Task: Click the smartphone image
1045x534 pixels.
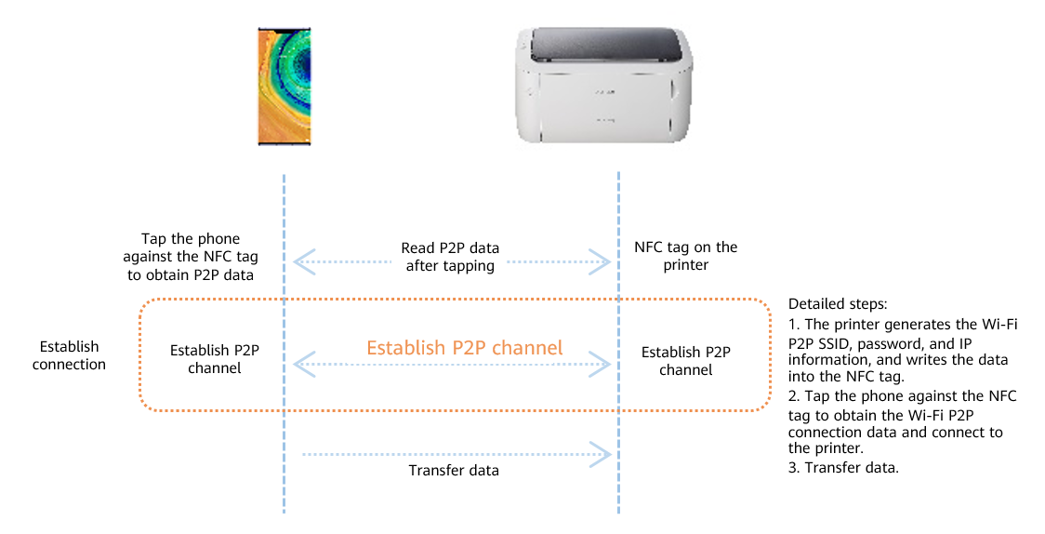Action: pos(284,86)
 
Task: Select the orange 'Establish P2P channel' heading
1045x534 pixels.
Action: pos(465,347)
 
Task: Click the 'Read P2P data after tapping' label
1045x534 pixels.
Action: pos(450,257)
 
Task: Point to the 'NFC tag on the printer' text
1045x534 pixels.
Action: pos(686,256)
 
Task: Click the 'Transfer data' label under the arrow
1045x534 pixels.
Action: pos(454,471)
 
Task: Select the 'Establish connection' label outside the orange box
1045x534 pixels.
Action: pos(70,355)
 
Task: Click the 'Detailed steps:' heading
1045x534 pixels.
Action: pos(838,304)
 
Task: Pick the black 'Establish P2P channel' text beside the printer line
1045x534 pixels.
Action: pos(686,361)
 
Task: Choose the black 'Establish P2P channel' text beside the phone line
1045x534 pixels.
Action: pos(215,359)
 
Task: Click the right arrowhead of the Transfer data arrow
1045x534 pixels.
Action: pos(602,455)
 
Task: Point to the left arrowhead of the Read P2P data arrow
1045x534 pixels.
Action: pos(304,262)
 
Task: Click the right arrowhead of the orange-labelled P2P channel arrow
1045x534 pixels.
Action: pos(601,364)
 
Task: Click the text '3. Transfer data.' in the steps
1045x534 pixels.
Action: pos(844,467)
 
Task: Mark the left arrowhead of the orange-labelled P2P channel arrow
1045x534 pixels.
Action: pos(304,364)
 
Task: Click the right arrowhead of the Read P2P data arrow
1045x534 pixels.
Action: pos(601,262)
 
